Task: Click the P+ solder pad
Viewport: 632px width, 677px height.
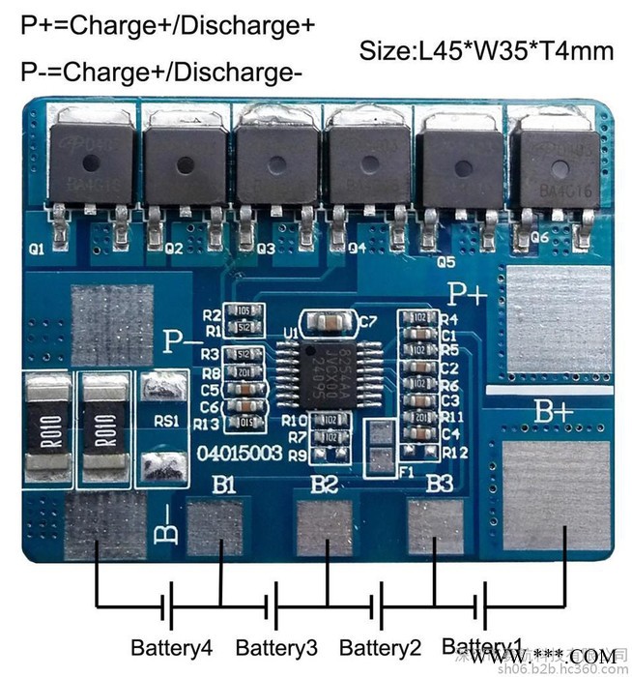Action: pos(554,323)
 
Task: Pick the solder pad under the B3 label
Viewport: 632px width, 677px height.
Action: pos(437,527)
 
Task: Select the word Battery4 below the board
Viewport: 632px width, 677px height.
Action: pos(171,647)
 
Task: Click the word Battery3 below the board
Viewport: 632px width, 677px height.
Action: pos(276,647)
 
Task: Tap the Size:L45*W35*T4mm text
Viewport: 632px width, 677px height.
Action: pos(486,50)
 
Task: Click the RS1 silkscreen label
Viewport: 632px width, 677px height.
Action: pos(165,422)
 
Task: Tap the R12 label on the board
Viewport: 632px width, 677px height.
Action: pos(455,452)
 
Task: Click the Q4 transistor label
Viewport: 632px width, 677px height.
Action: pos(357,247)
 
